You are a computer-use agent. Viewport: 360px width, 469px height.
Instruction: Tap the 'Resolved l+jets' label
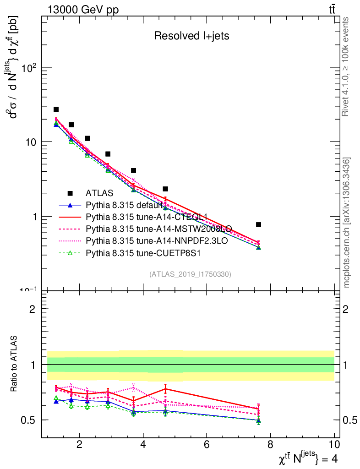191,36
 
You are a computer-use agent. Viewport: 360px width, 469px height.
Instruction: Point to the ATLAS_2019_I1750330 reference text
190,274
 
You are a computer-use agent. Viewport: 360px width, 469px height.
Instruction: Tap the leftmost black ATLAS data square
56,109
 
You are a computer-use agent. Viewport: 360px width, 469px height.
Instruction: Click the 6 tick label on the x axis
207,444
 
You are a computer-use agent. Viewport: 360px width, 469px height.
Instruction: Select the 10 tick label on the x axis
334,444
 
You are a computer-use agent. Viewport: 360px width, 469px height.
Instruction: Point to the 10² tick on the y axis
30,68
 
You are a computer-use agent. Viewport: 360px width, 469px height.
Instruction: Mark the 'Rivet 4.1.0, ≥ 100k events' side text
347,67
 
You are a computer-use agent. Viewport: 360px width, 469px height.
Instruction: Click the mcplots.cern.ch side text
347,222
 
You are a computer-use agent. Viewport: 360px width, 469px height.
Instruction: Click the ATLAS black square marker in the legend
71,194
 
